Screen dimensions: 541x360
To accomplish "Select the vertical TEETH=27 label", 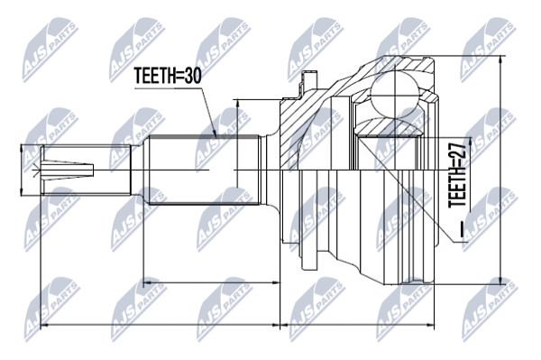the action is point(457,175).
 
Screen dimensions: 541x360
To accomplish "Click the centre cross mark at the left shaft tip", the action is point(35,171).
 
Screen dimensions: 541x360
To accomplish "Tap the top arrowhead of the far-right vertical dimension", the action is point(500,61).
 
